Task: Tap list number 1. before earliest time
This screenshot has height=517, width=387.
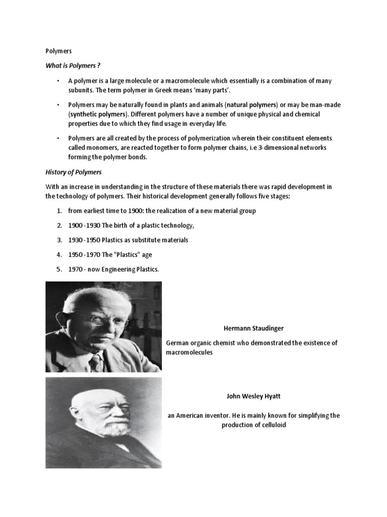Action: click(x=59, y=211)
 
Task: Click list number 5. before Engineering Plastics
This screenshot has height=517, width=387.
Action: click(x=59, y=269)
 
